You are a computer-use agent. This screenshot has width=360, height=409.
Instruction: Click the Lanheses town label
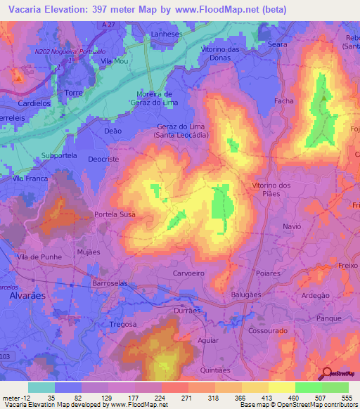click(167, 33)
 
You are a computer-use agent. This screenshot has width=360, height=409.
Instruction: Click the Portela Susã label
click(115, 214)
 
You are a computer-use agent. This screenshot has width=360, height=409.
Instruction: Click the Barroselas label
click(110, 283)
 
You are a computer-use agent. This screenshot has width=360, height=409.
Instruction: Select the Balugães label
click(246, 296)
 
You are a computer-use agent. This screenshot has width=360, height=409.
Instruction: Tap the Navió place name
click(291, 227)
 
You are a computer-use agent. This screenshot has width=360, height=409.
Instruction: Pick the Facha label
click(283, 101)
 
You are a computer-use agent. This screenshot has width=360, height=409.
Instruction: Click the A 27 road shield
click(106, 25)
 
